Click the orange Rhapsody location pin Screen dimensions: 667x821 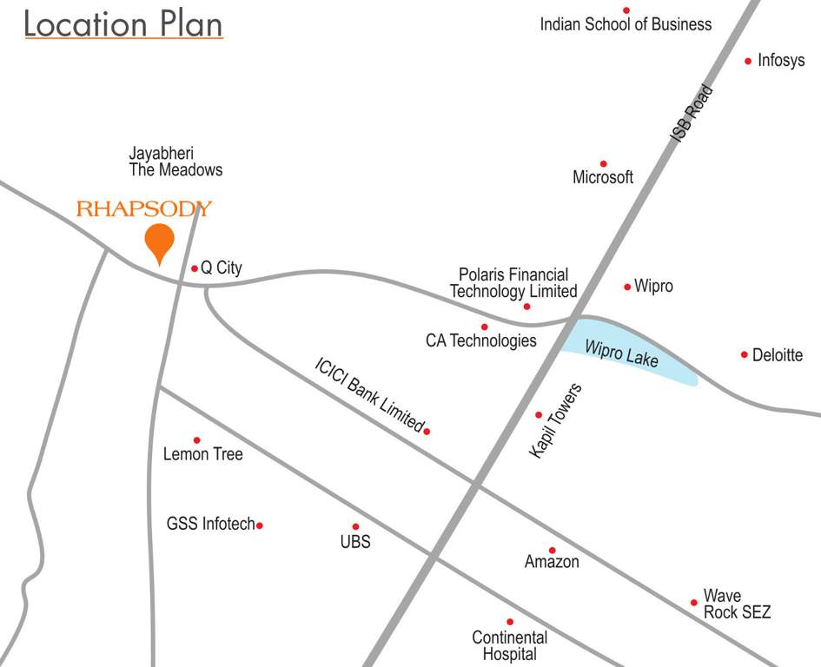(159, 240)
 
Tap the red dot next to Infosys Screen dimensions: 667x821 (748, 61)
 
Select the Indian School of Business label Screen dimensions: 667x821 (626, 24)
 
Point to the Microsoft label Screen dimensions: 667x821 (603, 177)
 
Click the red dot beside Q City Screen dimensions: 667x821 (195, 268)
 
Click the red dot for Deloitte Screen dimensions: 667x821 (745, 354)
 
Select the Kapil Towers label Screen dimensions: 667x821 (555, 420)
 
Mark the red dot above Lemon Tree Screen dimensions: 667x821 (196, 440)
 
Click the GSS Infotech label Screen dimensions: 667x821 (211, 524)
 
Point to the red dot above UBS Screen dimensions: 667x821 (355, 526)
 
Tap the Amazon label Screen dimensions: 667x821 (552, 562)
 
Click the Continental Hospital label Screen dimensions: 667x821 (510, 646)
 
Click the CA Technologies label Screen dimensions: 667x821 (480, 340)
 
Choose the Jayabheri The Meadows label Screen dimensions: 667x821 (175, 162)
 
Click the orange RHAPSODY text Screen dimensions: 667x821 (144, 208)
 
